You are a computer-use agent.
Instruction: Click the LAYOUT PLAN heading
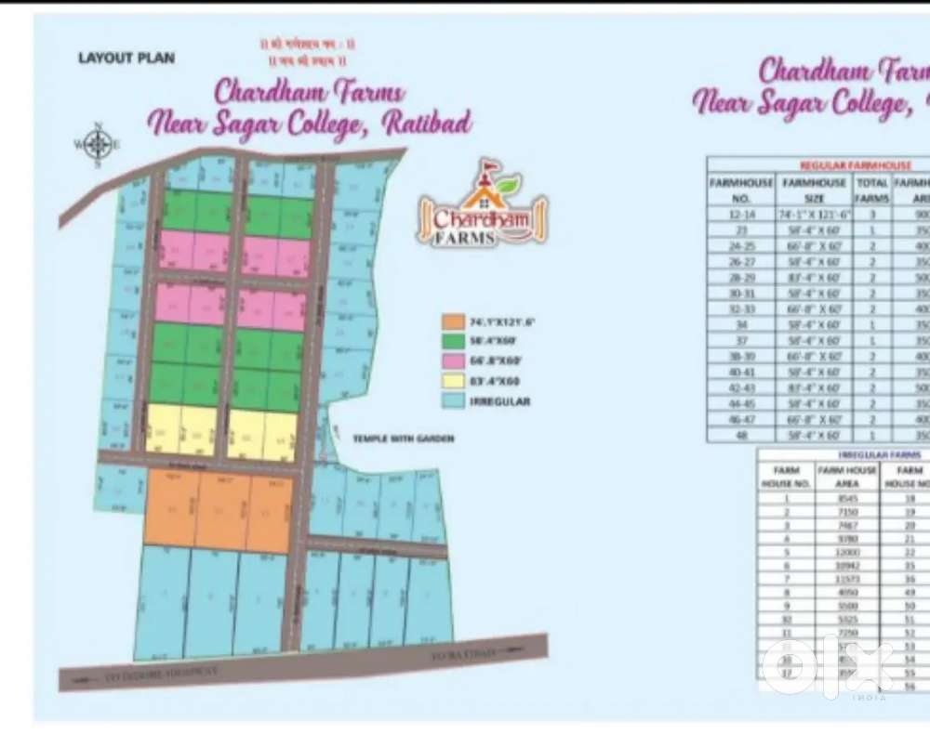pyautogui.click(x=126, y=58)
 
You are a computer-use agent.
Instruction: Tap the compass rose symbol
pyautogui.click(x=95, y=143)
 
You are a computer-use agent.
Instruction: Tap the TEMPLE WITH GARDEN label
pyautogui.click(x=403, y=439)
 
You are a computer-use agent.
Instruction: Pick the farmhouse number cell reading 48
pyautogui.click(x=740, y=435)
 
